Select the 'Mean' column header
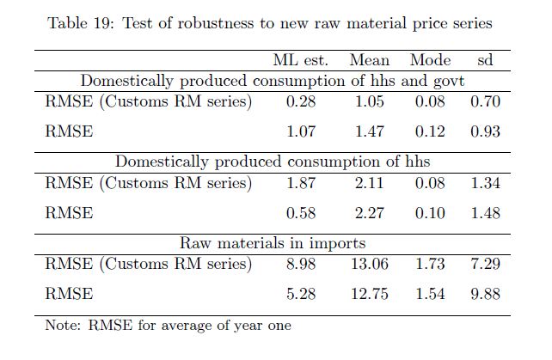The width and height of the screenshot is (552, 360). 370,60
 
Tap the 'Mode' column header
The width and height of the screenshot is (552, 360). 430,60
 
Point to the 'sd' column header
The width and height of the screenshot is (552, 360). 485,60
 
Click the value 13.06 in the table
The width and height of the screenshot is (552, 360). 370,264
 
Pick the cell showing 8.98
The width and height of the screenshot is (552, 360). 300,264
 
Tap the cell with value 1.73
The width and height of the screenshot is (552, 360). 430,264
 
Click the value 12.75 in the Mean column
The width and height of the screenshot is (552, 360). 370,294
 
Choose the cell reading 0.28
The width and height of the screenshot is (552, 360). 300,102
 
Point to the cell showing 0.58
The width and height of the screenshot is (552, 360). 300,213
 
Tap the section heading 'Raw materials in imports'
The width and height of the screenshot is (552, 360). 273,243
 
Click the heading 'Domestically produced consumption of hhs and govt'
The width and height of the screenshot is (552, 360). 273,82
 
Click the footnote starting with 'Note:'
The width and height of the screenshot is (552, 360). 168,326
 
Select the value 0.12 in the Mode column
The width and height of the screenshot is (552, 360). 430,132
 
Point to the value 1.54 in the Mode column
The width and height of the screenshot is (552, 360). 430,294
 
